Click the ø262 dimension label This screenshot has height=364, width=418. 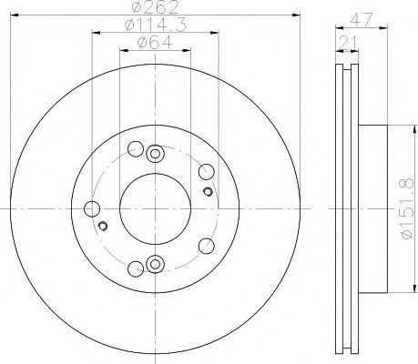click(156, 6)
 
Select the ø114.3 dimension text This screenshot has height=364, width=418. click(156, 25)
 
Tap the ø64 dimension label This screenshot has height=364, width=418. click(156, 42)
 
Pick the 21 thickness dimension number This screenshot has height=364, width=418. click(347, 42)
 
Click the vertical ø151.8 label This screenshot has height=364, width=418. click(407, 208)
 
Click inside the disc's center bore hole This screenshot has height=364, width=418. click(155, 208)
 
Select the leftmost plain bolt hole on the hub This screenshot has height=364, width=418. click(92, 209)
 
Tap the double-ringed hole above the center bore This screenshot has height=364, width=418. click(155, 154)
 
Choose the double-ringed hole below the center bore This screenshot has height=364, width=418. click(155, 264)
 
